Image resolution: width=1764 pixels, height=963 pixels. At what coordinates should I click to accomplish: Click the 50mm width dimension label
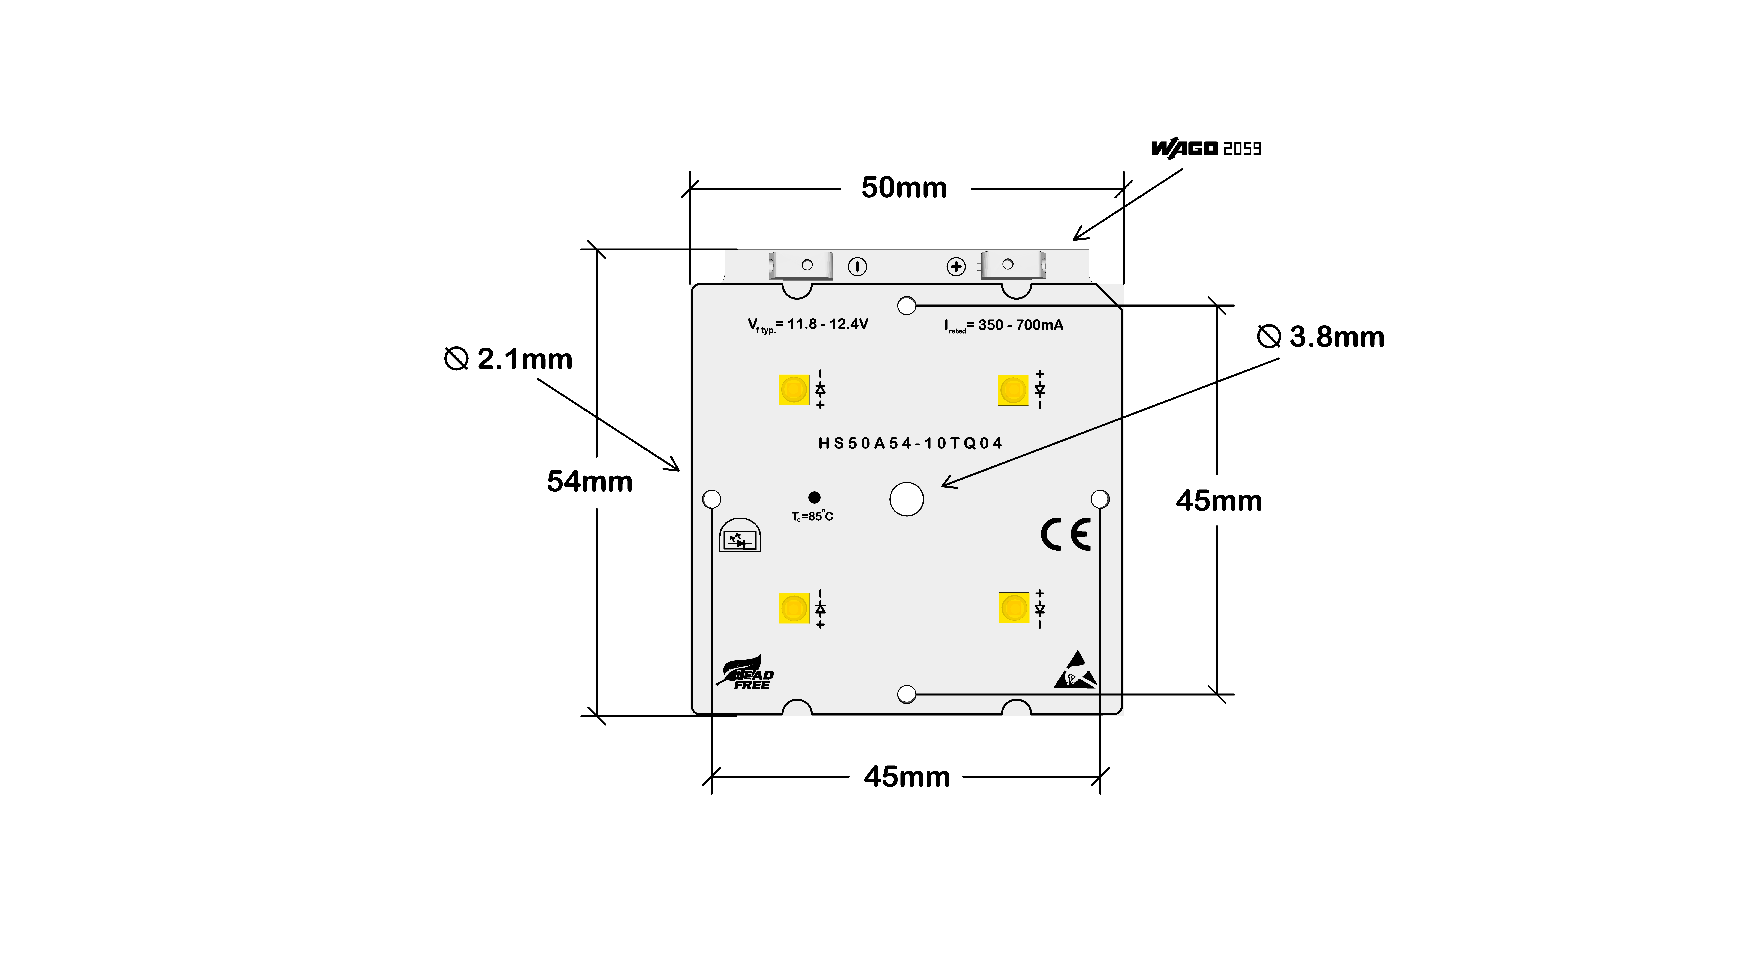904,188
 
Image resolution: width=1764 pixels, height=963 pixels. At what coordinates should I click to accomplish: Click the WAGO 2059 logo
1206,149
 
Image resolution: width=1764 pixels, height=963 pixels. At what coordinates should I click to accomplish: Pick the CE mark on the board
1066,535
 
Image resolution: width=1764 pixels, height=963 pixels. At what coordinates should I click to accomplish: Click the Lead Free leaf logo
745,673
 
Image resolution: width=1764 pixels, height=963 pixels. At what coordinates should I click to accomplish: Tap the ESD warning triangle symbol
1075,670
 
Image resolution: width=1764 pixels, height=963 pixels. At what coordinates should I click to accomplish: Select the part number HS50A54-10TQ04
910,443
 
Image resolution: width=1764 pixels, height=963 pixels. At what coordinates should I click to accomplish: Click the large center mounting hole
907,499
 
